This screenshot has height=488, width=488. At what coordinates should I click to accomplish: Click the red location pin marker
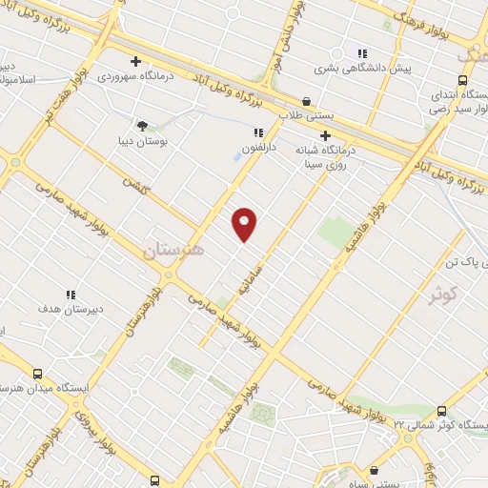(x=245, y=224)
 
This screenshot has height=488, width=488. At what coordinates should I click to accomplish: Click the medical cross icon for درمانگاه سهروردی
(x=136, y=61)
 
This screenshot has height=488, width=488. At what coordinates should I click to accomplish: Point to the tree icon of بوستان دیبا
(x=142, y=125)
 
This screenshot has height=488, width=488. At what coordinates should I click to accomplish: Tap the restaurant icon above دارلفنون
(x=257, y=133)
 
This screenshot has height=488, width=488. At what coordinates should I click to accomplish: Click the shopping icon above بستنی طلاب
(x=306, y=101)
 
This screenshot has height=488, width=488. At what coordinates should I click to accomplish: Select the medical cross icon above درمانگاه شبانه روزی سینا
(x=325, y=135)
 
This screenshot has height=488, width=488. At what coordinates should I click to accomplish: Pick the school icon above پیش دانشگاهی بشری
(x=361, y=53)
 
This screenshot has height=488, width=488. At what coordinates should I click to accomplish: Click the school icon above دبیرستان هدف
(x=70, y=295)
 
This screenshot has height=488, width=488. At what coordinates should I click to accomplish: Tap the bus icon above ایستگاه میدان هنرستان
(x=37, y=375)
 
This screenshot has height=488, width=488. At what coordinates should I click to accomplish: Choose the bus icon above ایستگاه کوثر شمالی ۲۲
(x=440, y=410)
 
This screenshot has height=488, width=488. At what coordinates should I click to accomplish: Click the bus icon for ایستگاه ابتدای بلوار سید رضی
(x=462, y=80)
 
